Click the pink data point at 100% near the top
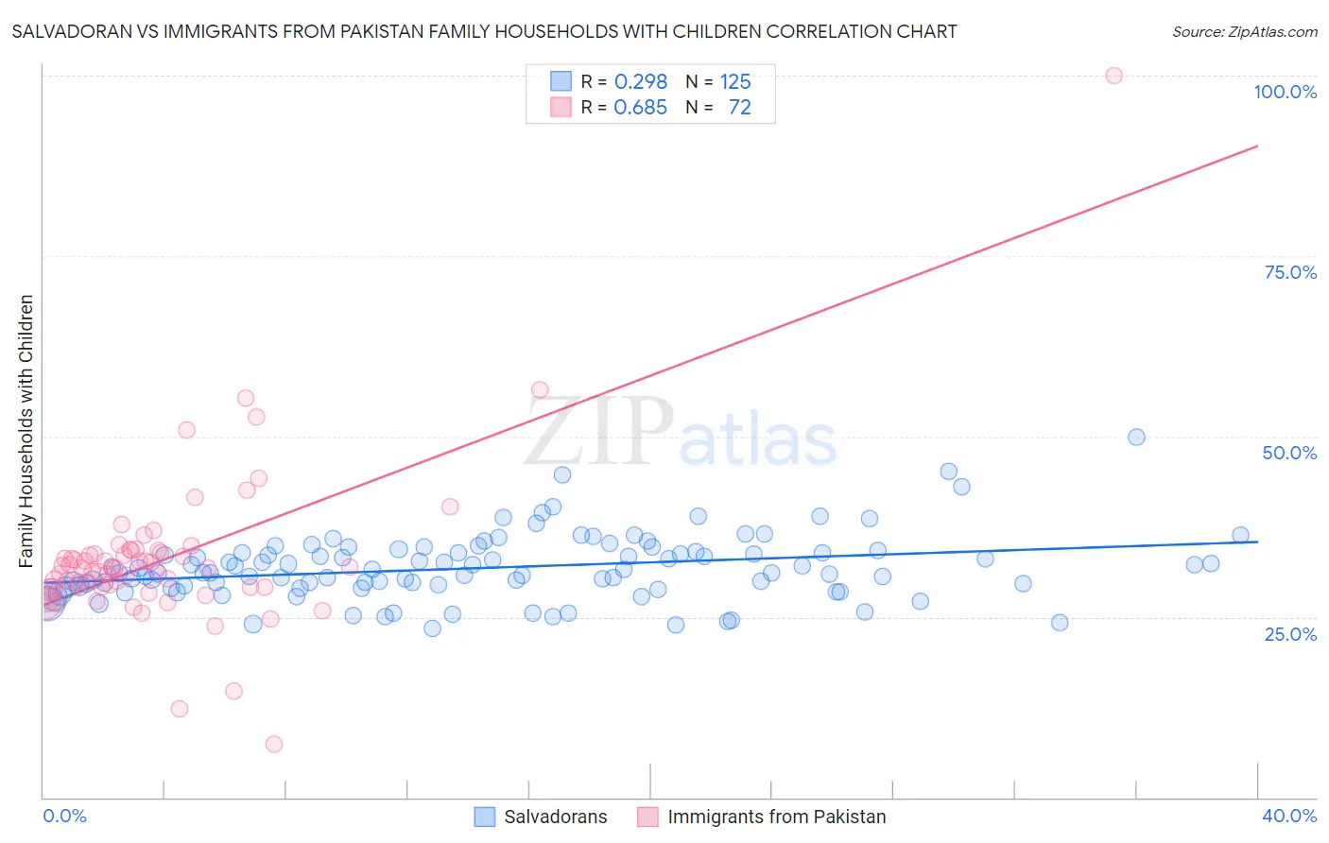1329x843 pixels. pyautogui.click(x=1113, y=76)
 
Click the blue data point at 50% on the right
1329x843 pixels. pyautogui.click(x=1136, y=437)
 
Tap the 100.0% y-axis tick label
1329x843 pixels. pyautogui.click(x=1285, y=92)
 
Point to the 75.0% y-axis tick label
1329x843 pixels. pyautogui.click(x=1290, y=272)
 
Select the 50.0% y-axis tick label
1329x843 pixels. pyautogui.click(x=1289, y=453)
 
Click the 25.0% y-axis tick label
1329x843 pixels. pyautogui.click(x=1290, y=633)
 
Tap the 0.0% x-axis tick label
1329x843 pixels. pyautogui.click(x=64, y=816)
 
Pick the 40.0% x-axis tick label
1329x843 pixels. pyautogui.click(x=1289, y=816)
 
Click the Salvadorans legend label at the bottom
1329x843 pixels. pyautogui.click(x=555, y=817)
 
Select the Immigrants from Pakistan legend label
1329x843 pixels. pyautogui.click(x=776, y=817)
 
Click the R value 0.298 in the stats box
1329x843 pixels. pyautogui.click(x=640, y=82)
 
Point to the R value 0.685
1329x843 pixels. pyautogui.click(x=640, y=108)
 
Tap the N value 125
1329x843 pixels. pyautogui.click(x=735, y=82)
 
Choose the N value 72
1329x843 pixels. pyautogui.click(x=739, y=108)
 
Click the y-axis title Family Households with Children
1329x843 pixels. pyautogui.click(x=26, y=431)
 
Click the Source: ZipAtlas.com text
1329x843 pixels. pyautogui.click(x=1244, y=32)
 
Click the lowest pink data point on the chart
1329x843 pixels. pyautogui.click(x=273, y=744)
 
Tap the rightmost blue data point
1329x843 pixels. pyautogui.click(x=1240, y=535)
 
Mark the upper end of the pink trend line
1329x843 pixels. pyautogui.click(x=1257, y=146)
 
